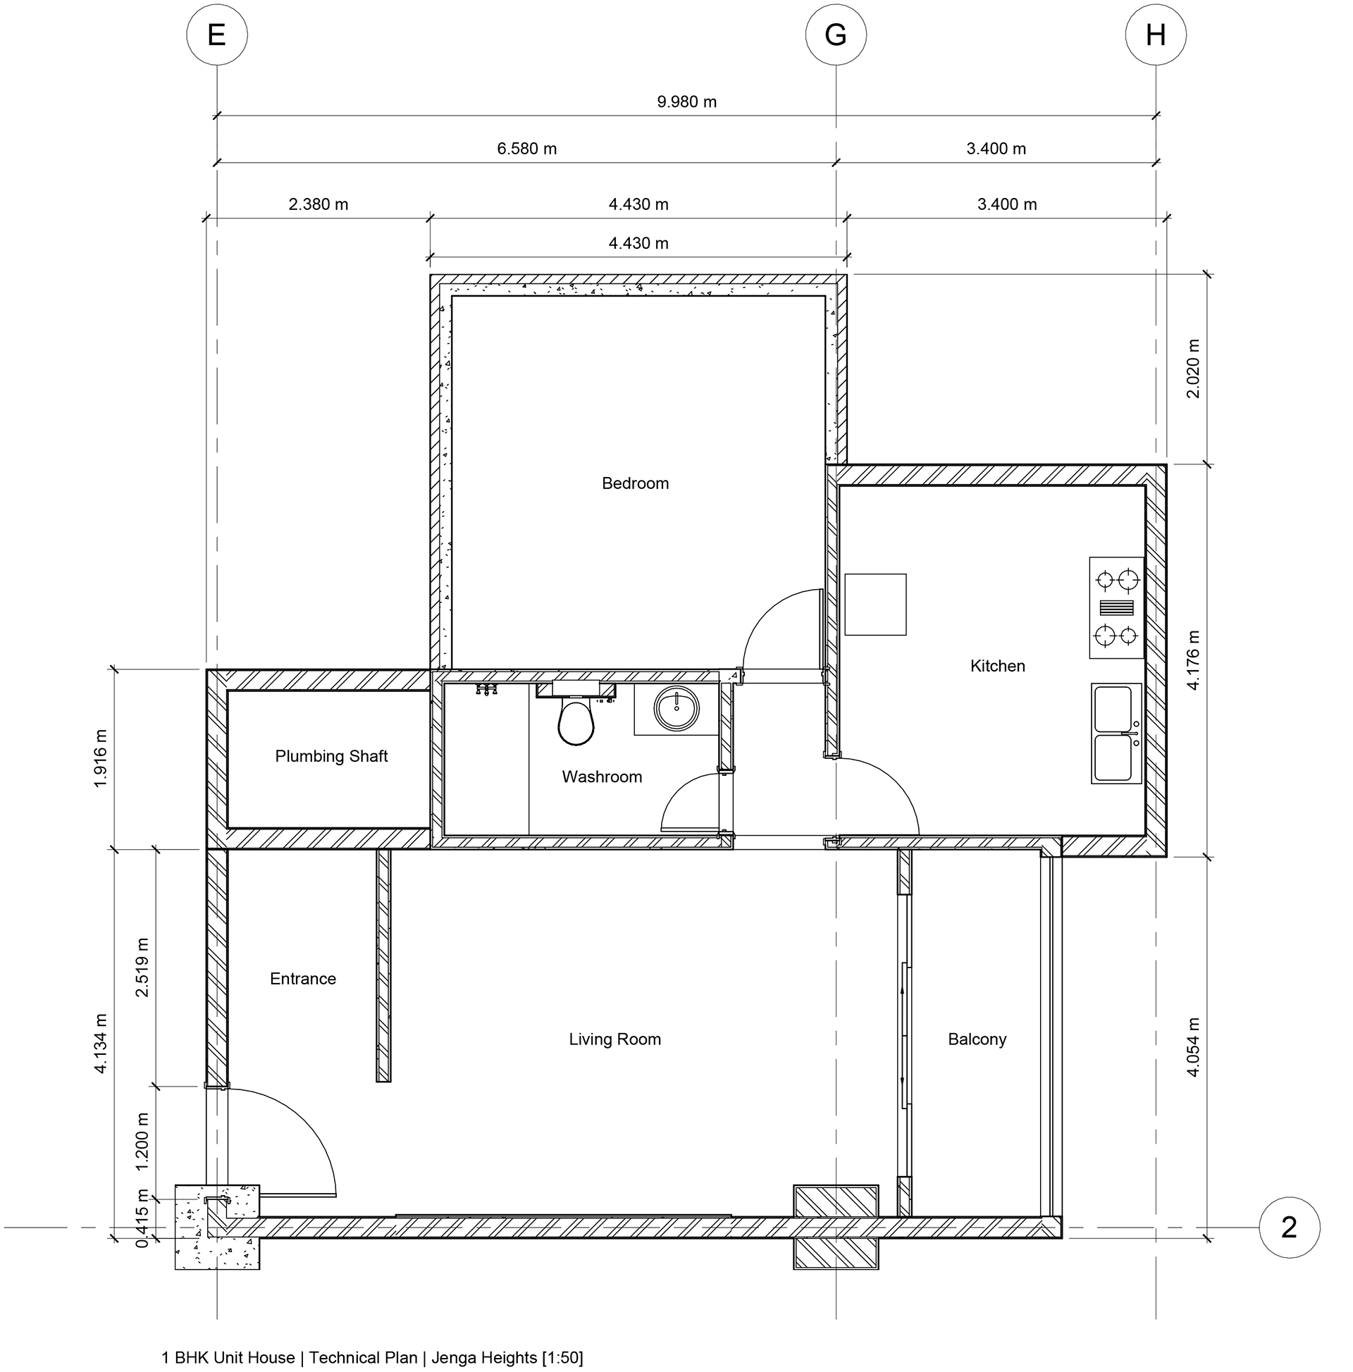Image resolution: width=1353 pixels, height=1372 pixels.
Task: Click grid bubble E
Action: pyautogui.click(x=216, y=35)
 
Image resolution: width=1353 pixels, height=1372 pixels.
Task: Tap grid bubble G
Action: pyautogui.click(x=835, y=35)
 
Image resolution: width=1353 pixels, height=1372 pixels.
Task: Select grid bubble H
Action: pyautogui.click(x=1156, y=35)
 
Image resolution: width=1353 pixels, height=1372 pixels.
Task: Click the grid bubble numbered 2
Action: pyautogui.click(x=1288, y=1227)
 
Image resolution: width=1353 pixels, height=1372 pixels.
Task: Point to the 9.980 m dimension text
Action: pyautogui.click(x=686, y=101)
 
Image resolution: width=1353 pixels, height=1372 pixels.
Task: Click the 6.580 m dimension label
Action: pyautogui.click(x=526, y=149)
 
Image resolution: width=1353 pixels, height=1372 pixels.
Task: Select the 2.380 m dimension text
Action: pyautogui.click(x=319, y=204)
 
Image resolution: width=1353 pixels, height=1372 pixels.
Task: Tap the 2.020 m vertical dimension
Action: pyautogui.click(x=1193, y=369)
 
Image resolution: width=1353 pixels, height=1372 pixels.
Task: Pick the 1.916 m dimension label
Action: pyautogui.click(x=100, y=758)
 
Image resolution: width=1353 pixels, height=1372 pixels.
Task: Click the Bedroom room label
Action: pyautogui.click(x=635, y=483)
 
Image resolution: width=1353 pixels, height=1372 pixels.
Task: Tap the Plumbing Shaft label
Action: pyautogui.click(x=331, y=756)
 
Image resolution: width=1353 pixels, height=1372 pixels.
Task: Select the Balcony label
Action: pyautogui.click(x=977, y=1039)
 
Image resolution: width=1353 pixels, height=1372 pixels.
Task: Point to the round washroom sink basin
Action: pyautogui.click(x=676, y=708)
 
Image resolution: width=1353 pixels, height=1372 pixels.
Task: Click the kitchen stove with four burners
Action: pyautogui.click(x=1116, y=608)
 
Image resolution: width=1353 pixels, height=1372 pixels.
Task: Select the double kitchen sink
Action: pyautogui.click(x=1115, y=734)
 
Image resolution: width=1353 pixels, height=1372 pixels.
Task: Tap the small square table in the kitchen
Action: pyautogui.click(x=875, y=605)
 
